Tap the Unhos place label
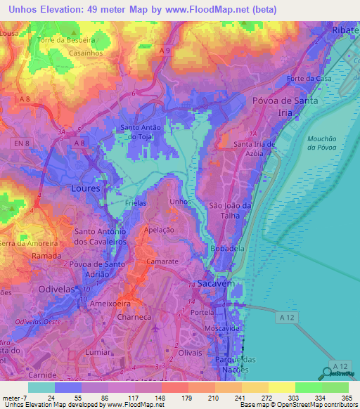point(179,202)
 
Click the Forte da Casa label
point(308,79)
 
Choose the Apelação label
point(158,230)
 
